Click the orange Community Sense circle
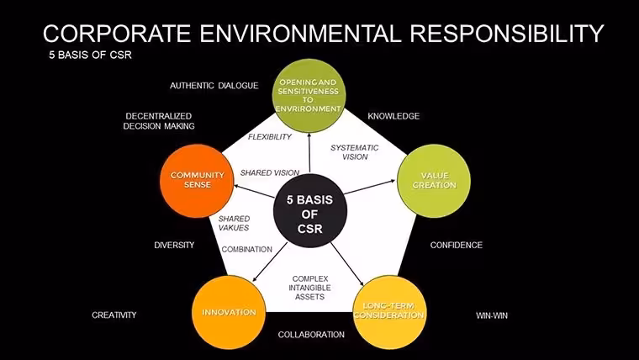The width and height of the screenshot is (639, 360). coord(197,181)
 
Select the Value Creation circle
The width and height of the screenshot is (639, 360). coord(434,181)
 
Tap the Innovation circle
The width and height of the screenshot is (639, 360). coord(229,312)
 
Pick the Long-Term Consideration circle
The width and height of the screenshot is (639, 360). coord(389,312)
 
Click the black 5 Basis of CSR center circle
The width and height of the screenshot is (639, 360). coord(309,211)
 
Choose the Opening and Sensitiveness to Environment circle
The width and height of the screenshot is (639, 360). coord(309,95)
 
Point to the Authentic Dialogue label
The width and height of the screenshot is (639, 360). coord(214,86)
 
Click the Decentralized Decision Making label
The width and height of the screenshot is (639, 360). coord(159,121)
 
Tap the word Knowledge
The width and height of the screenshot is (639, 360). coord(393,116)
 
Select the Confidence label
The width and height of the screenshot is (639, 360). coord(456,245)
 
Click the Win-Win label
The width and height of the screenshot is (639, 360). coord(492,315)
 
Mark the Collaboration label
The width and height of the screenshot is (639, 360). coord(311,335)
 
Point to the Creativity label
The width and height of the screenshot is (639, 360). coord(114,315)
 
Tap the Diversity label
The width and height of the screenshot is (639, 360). coord(174,245)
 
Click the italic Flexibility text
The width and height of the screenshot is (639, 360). coord(269,137)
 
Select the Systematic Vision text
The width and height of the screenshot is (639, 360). coord(354,152)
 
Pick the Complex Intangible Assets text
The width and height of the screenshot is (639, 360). coord(309,288)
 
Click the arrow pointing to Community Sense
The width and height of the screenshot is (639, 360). coord(254,192)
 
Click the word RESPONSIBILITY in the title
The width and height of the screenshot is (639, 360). coord(506,33)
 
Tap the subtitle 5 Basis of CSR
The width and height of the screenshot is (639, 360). coord(90,55)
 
